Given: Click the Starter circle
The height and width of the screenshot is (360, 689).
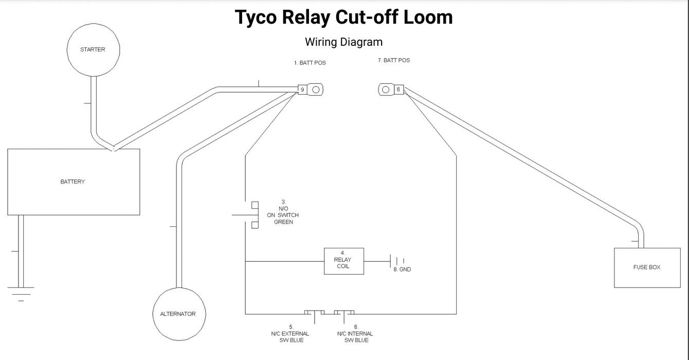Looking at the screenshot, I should tap(93, 50).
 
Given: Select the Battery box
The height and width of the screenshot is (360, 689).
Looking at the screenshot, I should tap(74, 182).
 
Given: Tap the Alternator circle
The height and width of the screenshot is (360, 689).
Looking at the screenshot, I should tap(178, 314).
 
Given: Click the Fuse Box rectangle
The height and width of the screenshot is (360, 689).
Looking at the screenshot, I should tap(647, 267).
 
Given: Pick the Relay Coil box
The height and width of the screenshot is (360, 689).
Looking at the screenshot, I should tap(344, 261).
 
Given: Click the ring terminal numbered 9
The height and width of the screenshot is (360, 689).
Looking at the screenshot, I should tap(311, 89).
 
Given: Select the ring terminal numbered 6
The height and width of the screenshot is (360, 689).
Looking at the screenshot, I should tap(391, 89).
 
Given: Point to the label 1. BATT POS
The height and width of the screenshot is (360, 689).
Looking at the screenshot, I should tap(310, 63).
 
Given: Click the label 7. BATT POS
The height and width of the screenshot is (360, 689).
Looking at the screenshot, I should tap(394, 60).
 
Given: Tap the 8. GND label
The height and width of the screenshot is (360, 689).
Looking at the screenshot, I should tap(402, 269).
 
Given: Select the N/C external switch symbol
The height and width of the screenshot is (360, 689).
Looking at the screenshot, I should tap(314, 313).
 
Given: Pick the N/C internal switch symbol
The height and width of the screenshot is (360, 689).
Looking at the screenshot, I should tap(344, 313).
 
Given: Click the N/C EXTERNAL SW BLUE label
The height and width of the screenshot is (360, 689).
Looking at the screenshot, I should tap(291, 334).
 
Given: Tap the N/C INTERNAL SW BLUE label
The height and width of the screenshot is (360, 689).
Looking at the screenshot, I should tap(355, 334).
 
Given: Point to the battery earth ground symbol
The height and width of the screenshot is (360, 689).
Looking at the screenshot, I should tap(21, 293).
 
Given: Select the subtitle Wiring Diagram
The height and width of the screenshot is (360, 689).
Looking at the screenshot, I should tap(343, 42).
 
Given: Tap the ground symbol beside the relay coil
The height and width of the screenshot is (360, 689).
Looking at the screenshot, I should tap(397, 261).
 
